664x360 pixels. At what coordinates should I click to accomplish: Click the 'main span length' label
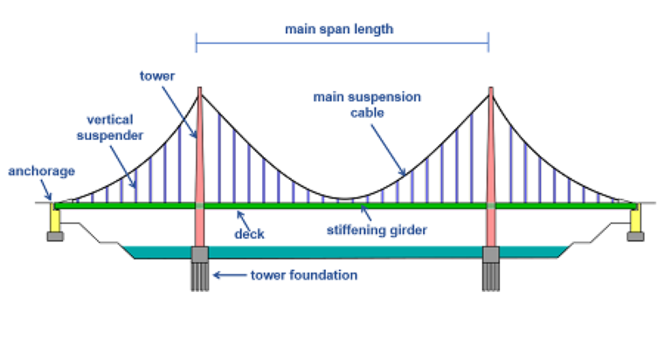tap(340, 29)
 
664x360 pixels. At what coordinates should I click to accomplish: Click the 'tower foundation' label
tap(304, 275)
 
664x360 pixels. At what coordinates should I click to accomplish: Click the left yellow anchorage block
tap(54, 220)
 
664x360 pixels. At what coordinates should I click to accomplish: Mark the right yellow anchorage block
tap(635, 220)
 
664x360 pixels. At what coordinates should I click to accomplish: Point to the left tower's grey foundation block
tap(199, 254)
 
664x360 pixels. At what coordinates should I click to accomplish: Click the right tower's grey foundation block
tap(490, 254)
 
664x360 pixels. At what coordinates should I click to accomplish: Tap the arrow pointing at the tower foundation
tap(229, 276)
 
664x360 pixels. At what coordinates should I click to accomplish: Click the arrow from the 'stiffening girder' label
tap(363, 216)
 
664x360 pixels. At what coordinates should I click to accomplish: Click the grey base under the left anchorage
tap(54, 236)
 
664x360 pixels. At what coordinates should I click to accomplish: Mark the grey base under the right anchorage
tap(635, 236)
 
